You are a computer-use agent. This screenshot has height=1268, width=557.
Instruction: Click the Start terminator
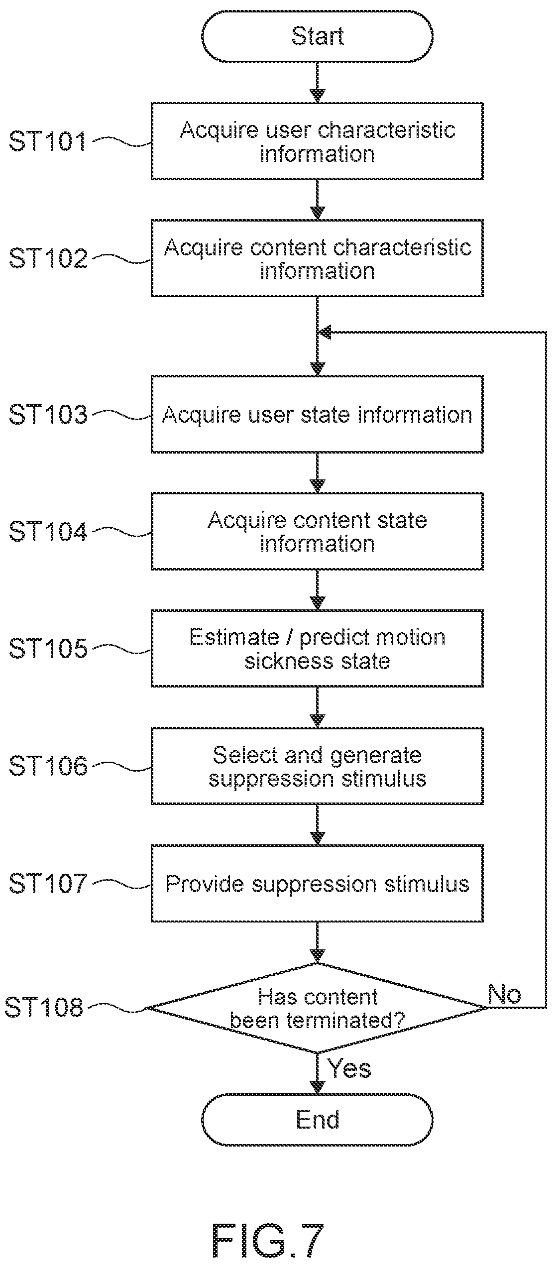point(317,36)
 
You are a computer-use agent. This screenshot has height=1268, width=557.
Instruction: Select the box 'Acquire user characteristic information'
point(317,141)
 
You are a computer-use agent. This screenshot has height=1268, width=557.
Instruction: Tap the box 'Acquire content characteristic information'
point(317,258)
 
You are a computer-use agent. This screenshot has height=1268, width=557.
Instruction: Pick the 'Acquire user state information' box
point(317,414)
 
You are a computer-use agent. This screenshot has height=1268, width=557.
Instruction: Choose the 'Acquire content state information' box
point(317,531)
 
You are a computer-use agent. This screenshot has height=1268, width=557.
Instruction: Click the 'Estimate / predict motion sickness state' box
point(317,649)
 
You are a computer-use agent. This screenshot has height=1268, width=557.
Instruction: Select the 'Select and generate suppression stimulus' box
point(317,766)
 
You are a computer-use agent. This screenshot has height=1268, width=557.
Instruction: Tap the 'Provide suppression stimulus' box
point(317,883)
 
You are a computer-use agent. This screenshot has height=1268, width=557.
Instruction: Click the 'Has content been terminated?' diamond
point(317,1008)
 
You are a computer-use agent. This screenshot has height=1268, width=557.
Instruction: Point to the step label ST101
point(48,141)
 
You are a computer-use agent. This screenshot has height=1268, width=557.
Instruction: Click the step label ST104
point(48,532)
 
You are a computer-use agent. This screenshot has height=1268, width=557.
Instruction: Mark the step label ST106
point(48,766)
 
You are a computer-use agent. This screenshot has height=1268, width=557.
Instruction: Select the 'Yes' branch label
point(349,1068)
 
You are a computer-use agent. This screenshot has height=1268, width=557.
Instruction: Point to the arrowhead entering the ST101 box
point(317,96)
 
